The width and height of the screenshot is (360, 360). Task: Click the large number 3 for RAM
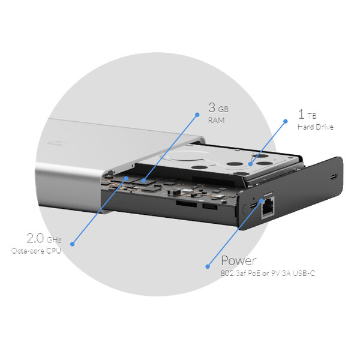(x=212, y=107)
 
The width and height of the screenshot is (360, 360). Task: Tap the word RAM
(x=216, y=121)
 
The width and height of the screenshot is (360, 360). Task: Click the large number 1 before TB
(x=301, y=114)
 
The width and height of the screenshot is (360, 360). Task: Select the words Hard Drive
(x=316, y=127)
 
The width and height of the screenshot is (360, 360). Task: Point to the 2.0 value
(x=35, y=238)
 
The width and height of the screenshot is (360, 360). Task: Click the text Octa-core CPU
(x=36, y=250)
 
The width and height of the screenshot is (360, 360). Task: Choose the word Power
(x=239, y=260)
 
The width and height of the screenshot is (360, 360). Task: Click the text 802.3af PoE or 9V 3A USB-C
(x=268, y=273)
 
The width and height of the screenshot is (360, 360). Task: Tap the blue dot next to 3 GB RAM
(x=197, y=115)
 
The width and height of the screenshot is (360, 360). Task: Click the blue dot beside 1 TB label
(x=286, y=121)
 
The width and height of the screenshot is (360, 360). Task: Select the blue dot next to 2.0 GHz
(x=73, y=244)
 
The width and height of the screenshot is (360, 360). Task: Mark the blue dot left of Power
(x=208, y=266)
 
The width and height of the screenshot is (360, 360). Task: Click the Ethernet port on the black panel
(x=268, y=208)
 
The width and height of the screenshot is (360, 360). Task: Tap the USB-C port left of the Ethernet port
(x=253, y=205)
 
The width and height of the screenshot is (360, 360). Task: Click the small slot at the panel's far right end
(x=334, y=177)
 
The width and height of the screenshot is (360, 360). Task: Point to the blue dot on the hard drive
(x=250, y=164)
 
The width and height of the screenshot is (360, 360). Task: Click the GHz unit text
(x=54, y=240)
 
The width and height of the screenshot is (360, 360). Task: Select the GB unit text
(x=223, y=109)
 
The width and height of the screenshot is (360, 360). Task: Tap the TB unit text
(x=312, y=116)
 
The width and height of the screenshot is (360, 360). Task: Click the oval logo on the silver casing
(x=56, y=143)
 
